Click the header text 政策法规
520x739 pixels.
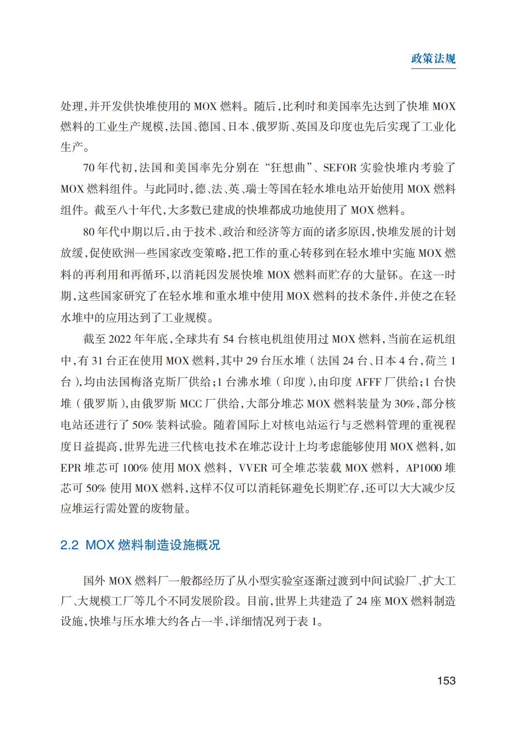tap(433, 59)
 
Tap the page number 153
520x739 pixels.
tap(446, 681)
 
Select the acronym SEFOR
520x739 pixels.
tap(339, 168)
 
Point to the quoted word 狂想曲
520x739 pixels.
tap(290, 168)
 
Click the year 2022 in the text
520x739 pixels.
tap(120, 339)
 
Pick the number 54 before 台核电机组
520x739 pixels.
tap(228, 339)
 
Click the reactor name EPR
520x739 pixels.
tap(71, 468)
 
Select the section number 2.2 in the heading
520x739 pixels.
tap(70, 545)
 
